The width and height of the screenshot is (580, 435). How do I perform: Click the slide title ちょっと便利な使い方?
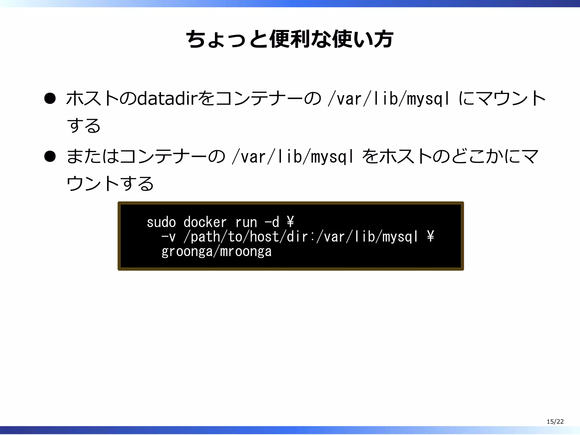(x=289, y=39)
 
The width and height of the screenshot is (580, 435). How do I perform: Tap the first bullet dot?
(x=50, y=99)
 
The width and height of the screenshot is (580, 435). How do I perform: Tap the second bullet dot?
(x=50, y=156)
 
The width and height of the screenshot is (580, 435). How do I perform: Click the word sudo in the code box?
(x=161, y=222)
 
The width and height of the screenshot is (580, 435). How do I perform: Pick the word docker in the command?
(x=205, y=222)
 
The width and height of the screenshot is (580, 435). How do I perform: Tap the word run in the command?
(x=246, y=222)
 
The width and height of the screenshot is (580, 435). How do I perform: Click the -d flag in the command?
(x=272, y=222)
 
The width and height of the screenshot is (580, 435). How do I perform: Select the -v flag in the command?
(x=169, y=237)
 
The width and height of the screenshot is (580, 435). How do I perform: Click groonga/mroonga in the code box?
(x=216, y=251)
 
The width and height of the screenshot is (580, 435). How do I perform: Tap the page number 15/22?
(x=555, y=421)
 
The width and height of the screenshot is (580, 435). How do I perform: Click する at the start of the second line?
(x=84, y=125)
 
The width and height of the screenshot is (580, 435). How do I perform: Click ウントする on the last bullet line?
(x=110, y=184)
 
